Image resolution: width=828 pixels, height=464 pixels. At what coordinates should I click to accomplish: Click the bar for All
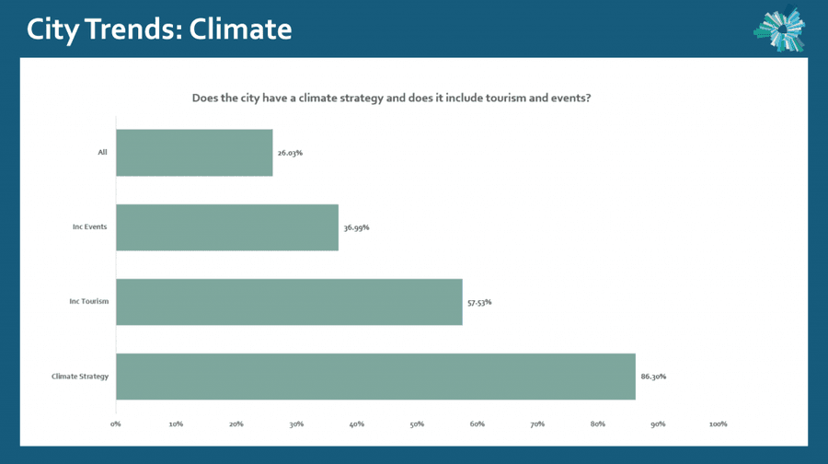click(x=194, y=153)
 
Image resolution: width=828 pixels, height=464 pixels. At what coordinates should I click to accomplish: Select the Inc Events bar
click(x=227, y=227)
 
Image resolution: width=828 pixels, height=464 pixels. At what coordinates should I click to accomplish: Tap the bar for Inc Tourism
click(x=290, y=302)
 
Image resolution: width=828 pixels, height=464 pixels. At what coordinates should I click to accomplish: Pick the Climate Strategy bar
click(x=376, y=377)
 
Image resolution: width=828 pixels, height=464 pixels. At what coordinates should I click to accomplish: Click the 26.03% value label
click(x=290, y=153)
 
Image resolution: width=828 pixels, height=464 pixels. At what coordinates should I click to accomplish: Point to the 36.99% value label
click(x=356, y=227)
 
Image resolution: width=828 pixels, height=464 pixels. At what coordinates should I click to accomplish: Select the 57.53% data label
click(x=479, y=302)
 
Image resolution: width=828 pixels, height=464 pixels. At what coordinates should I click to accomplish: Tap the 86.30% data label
click(x=653, y=377)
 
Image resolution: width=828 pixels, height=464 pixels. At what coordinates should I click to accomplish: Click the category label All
click(x=102, y=152)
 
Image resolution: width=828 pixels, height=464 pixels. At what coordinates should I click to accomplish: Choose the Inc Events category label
click(x=90, y=226)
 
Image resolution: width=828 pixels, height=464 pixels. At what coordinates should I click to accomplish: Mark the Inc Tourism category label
click(x=88, y=301)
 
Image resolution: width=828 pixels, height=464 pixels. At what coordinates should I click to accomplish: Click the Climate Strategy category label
click(x=80, y=377)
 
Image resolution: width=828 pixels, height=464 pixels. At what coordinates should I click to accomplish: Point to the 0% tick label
click(x=116, y=423)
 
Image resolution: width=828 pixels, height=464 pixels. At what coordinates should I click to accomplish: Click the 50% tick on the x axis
click(x=417, y=423)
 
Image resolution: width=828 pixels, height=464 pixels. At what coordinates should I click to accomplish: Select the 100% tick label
click(x=719, y=423)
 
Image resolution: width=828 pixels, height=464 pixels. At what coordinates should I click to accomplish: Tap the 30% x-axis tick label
click(x=296, y=423)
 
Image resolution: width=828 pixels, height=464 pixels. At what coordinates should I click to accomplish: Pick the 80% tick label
click(x=598, y=423)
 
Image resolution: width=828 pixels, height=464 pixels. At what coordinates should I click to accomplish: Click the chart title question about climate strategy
click(x=391, y=98)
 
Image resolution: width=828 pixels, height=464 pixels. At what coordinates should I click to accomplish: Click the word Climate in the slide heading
click(x=240, y=29)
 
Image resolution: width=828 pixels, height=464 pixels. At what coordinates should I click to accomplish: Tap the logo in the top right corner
click(x=779, y=29)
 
